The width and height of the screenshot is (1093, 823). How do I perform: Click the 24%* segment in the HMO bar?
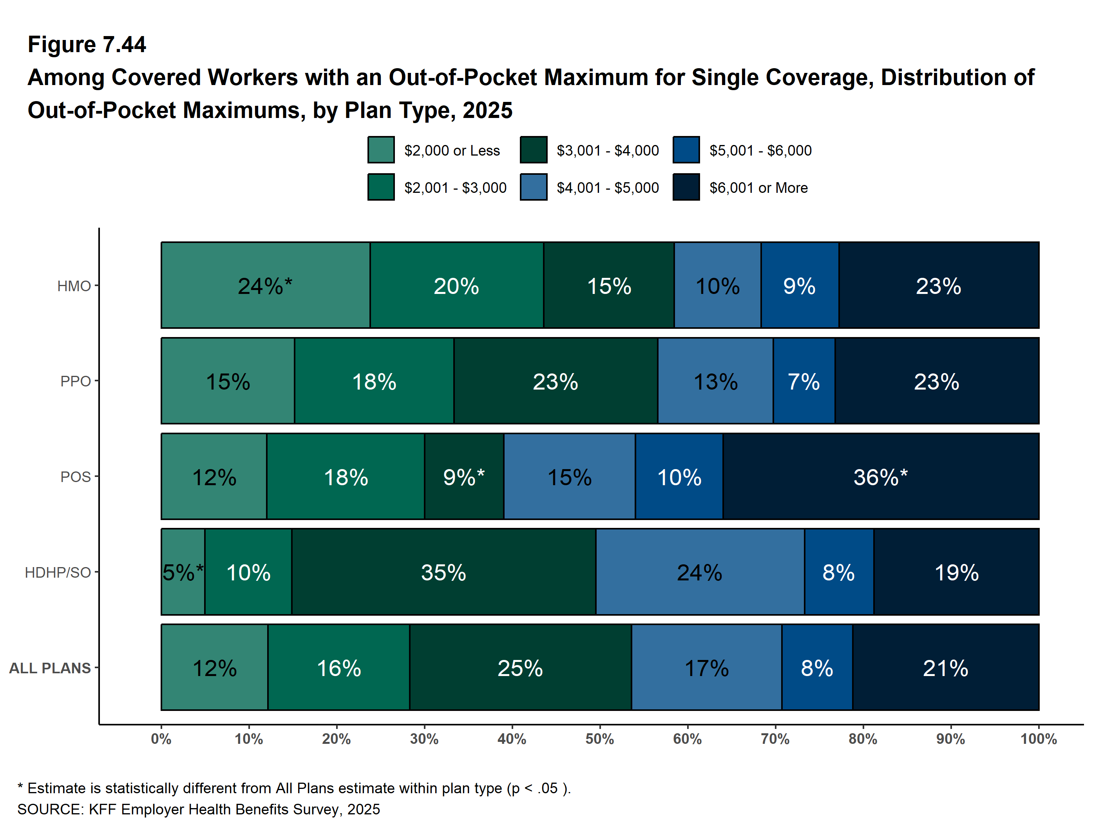(x=265, y=285)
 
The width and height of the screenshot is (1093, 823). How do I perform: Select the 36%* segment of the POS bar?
(x=881, y=477)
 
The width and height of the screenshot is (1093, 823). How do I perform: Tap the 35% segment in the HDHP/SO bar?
(x=443, y=572)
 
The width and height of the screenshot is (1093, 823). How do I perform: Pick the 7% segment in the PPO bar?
(x=804, y=381)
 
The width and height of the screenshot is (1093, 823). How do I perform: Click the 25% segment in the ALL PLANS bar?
(x=520, y=667)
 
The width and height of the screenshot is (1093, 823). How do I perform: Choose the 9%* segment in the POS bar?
(x=463, y=477)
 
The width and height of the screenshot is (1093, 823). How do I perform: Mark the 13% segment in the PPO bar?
(x=715, y=381)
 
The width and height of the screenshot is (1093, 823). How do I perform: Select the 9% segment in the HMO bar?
(x=800, y=285)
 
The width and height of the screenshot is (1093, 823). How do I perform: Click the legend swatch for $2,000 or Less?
(x=381, y=150)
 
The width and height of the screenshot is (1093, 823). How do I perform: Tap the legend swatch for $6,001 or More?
(x=686, y=187)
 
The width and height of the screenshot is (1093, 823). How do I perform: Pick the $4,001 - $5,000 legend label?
(x=607, y=188)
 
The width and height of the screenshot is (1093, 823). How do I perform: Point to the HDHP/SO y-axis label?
(x=58, y=573)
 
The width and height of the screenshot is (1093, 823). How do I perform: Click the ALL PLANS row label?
(x=50, y=668)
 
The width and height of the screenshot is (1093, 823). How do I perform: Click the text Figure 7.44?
(x=87, y=45)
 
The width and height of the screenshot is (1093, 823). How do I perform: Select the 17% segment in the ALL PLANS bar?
(x=706, y=667)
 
